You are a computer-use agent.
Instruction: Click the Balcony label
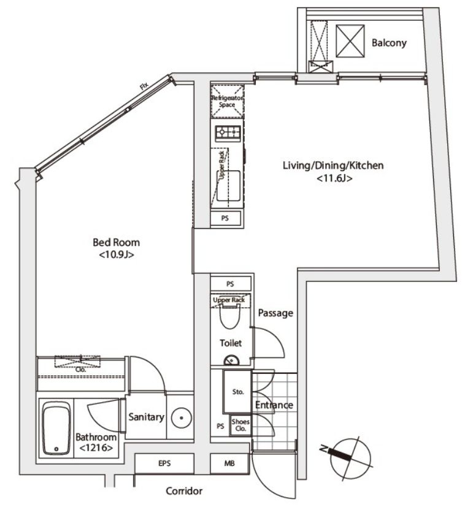[389, 43]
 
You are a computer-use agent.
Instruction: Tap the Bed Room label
[117, 242]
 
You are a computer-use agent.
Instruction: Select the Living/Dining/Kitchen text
[333, 166]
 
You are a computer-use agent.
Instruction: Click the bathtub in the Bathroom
[56, 429]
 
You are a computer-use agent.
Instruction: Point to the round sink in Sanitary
[181, 417]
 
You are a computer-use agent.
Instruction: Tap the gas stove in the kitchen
[228, 133]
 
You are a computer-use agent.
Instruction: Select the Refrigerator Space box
[227, 101]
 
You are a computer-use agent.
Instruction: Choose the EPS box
[164, 463]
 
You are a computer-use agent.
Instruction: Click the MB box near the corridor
[229, 463]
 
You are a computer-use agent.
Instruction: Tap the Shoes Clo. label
[240, 425]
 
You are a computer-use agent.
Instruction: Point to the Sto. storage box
[237, 392]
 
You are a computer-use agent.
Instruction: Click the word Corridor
[184, 491]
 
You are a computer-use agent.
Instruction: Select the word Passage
[275, 313]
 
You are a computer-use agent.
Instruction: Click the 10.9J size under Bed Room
[117, 255]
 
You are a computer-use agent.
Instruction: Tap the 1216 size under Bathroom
[96, 448]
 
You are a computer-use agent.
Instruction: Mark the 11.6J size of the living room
[334, 178]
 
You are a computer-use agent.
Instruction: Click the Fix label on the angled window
[144, 86]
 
